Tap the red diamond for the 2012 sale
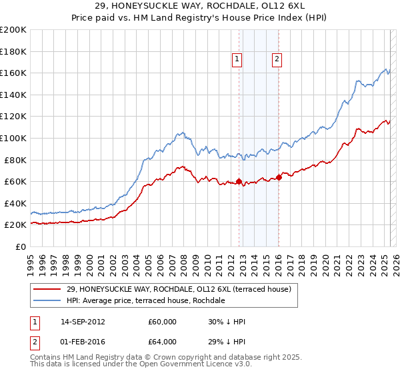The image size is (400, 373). pos(239,181)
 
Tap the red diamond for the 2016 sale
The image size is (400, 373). pos(279,177)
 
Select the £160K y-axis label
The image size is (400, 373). pos(13,73)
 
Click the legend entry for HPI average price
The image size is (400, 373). pos(146,301)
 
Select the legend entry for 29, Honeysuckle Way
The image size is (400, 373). pos(179,289)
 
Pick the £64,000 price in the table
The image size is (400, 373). pos(162,343)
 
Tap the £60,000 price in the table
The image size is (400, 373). pos(162,322)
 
